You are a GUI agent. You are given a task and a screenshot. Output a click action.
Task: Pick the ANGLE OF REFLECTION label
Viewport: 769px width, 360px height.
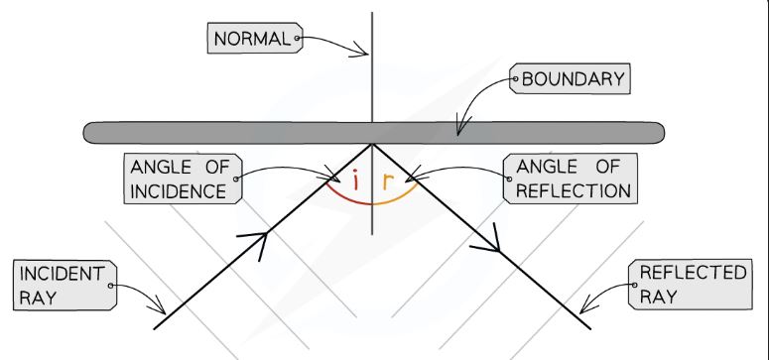click(568, 178)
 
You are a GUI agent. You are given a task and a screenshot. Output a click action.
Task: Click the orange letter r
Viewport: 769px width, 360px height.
click(388, 181)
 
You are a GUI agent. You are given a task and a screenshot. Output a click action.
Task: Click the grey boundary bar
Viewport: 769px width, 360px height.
click(198, 132)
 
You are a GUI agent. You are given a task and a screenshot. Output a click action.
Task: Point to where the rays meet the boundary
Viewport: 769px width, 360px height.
click(373, 143)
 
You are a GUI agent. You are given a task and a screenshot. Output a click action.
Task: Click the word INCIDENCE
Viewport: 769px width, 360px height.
click(180, 189)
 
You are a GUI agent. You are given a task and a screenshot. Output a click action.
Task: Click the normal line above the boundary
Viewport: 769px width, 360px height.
click(373, 69)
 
